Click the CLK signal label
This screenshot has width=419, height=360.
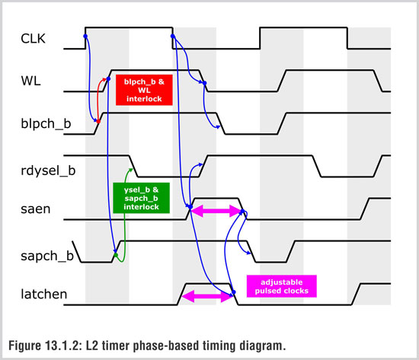[x=33, y=39]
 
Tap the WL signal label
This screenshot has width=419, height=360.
[x=30, y=81]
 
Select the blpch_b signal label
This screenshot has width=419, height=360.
[x=46, y=123]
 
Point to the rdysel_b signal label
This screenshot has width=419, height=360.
[x=48, y=170]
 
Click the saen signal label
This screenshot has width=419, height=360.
[x=36, y=209]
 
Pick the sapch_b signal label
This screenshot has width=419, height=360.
[x=47, y=256]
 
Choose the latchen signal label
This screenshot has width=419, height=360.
[x=44, y=295]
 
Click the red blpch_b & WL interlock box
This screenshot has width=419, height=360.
[x=144, y=90]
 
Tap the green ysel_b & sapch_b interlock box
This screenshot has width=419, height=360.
[x=141, y=198]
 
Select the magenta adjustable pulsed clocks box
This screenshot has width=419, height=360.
[x=282, y=286]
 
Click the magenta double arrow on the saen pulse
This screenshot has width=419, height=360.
[x=216, y=211]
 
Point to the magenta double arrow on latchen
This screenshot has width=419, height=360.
[x=207, y=296]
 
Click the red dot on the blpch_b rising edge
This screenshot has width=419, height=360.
[x=98, y=122]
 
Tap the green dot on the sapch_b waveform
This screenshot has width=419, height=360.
[x=116, y=255]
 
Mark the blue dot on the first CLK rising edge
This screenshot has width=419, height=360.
[x=85, y=36]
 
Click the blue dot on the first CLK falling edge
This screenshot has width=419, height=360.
[x=173, y=36]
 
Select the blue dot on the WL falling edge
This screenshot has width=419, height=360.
[x=204, y=83]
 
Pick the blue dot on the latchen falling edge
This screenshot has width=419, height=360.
[x=234, y=292]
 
